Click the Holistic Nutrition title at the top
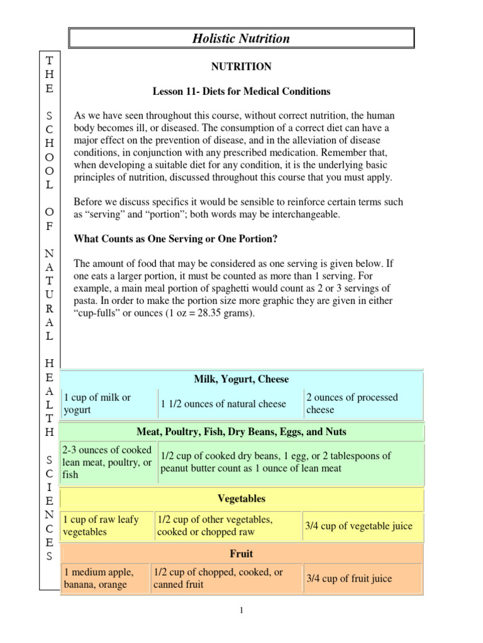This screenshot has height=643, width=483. point(241,38)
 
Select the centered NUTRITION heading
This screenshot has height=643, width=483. point(241,66)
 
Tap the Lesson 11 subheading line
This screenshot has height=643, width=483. point(241,92)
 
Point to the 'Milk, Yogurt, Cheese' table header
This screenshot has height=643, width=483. point(241,379)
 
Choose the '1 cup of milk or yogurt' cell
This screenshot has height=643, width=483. point(108,404)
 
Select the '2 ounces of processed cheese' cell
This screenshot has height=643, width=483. point(363,404)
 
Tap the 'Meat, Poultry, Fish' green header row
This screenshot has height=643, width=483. point(241,432)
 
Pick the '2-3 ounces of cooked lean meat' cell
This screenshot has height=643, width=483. point(108,462)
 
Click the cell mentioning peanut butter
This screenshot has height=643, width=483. point(291,462)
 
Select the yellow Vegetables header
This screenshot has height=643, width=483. point(241,499)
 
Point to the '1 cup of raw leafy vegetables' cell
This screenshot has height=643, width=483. point(107,526)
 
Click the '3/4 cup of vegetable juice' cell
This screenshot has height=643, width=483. point(362,526)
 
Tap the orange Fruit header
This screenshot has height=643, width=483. point(241,554)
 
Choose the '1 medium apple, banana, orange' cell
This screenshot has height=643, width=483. point(104,578)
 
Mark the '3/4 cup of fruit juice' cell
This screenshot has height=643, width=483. point(362,578)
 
